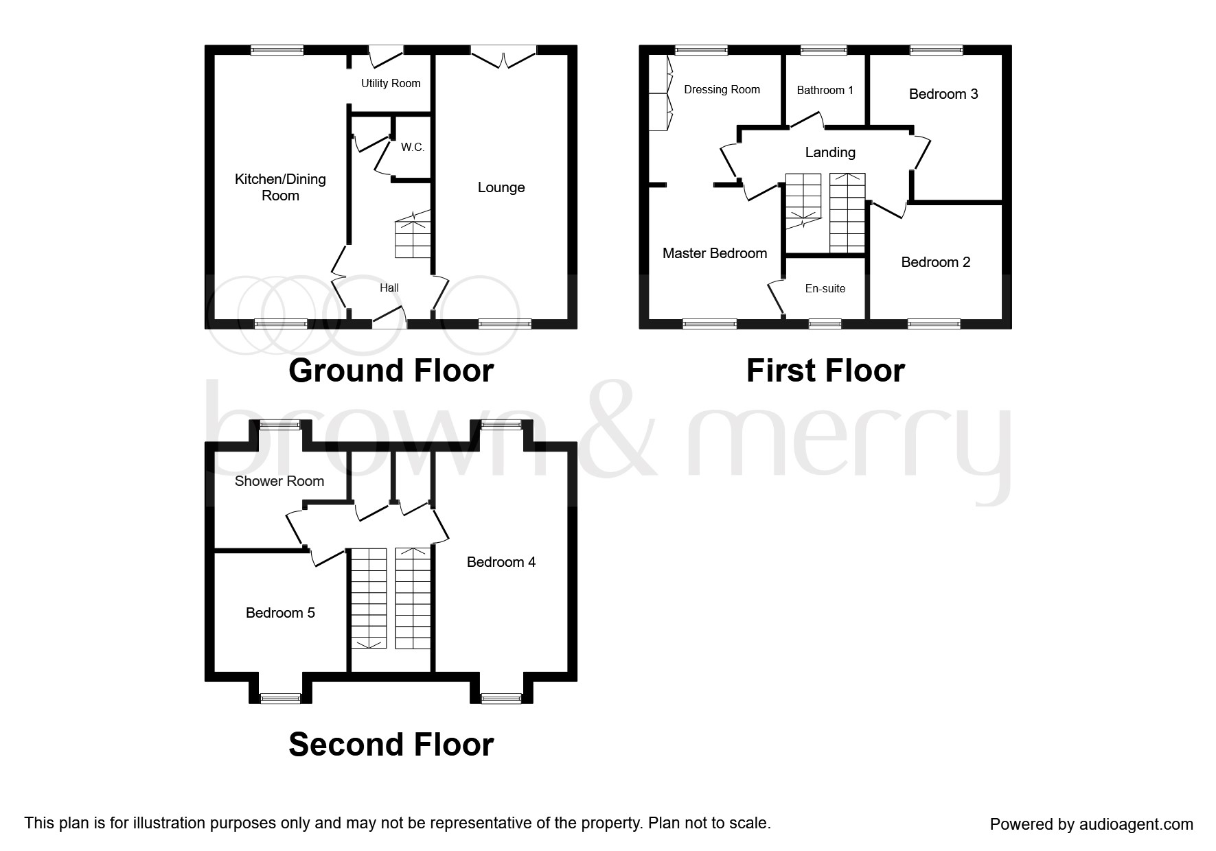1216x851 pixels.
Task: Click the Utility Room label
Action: [391, 83]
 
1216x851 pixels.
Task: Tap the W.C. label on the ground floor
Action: [413, 148]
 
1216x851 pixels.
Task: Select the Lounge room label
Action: [501, 187]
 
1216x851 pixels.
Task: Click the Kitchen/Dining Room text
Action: [280, 187]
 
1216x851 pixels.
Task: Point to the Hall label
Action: [389, 288]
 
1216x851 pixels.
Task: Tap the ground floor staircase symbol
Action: [413, 237]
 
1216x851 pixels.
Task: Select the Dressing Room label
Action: [722, 89]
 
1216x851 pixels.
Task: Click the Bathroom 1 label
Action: [825, 90]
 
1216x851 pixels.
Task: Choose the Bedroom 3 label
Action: [943, 94]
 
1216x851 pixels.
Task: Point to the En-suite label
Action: [825, 289]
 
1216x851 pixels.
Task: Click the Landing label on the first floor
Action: [829, 152]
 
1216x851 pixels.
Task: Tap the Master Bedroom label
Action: [714, 253]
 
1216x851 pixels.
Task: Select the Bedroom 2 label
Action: [935, 262]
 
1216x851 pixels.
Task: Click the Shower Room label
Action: [279, 481]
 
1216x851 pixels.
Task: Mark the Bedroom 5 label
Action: [280, 613]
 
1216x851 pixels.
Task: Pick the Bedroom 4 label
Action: [501, 562]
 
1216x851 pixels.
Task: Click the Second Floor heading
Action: [391, 744]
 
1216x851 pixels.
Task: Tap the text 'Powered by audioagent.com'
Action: [1091, 824]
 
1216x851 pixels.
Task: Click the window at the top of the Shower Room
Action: [279, 425]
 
